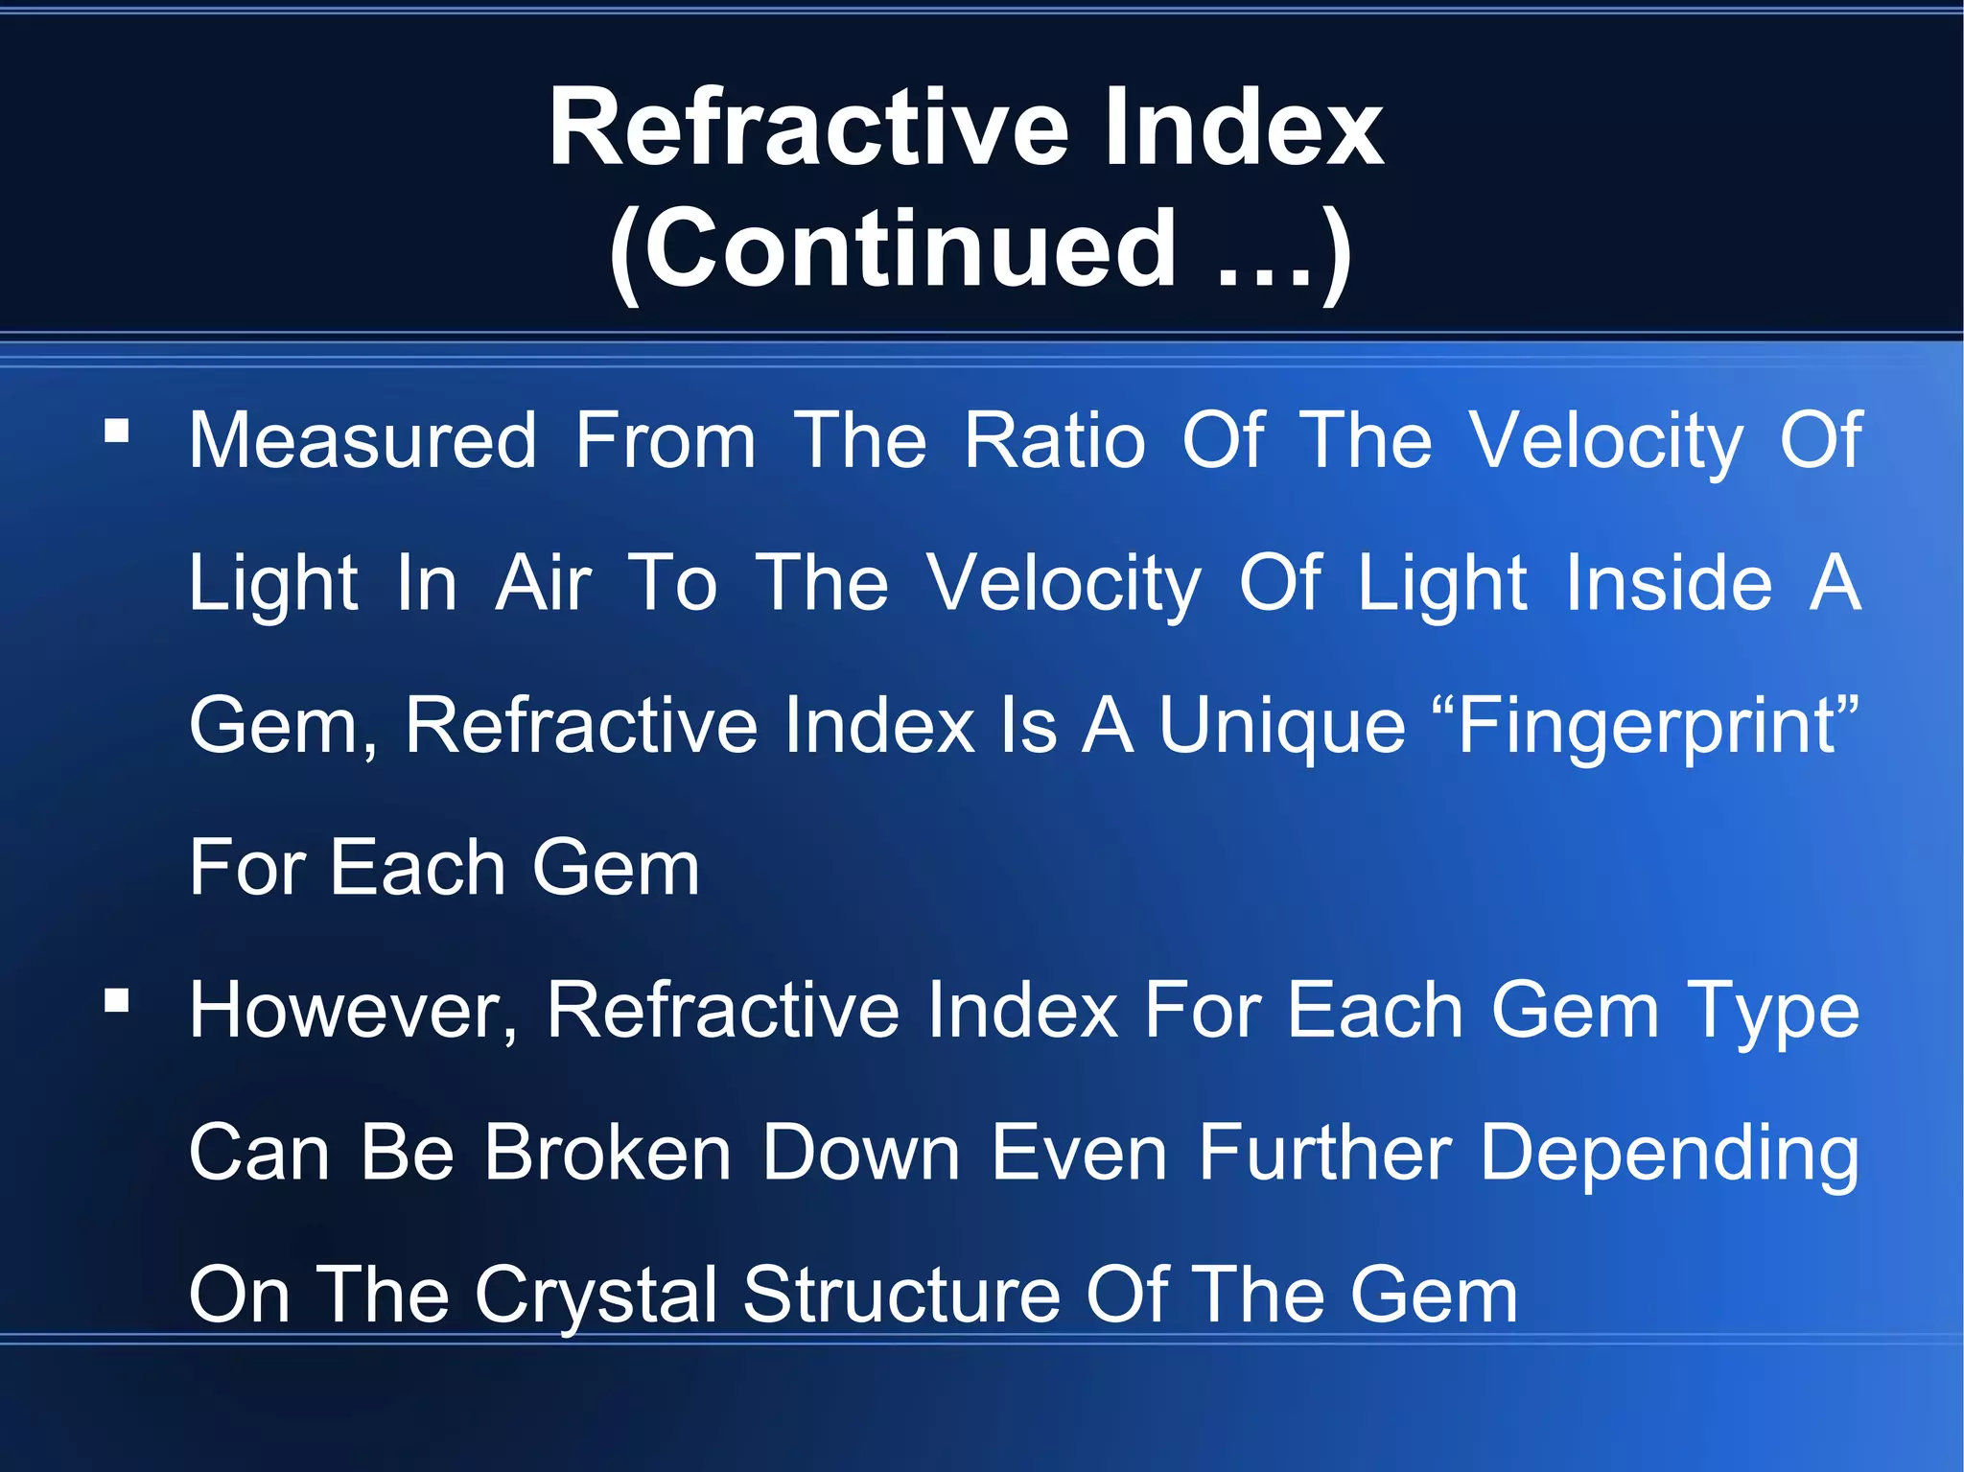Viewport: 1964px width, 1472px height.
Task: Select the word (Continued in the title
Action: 893,249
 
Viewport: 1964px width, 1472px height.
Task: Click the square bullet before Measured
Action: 117,431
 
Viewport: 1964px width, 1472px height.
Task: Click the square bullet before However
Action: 117,1001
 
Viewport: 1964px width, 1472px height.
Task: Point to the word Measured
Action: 362,440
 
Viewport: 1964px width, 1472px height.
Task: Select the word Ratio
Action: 1055,440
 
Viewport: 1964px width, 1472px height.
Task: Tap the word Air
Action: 544,582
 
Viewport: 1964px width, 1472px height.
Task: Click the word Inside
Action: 1669,582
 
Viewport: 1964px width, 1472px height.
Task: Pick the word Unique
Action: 1281,725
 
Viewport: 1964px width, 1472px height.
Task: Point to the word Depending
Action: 1670,1154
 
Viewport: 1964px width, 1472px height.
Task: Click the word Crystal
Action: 596,1296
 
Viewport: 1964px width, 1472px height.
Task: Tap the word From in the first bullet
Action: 666,440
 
